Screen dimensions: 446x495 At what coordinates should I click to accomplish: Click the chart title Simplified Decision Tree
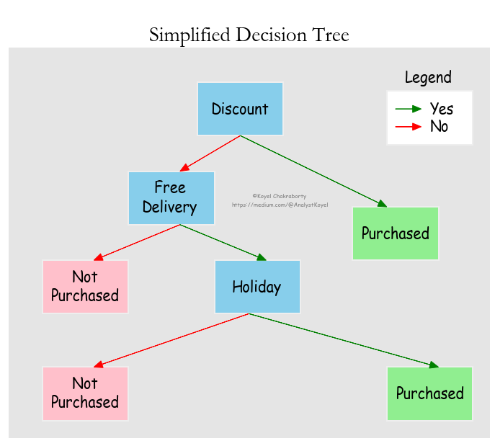tap(249, 34)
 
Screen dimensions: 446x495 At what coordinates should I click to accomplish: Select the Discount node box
tap(240, 109)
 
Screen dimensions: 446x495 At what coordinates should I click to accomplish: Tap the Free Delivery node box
tap(171, 198)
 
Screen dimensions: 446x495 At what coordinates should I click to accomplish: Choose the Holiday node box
tap(257, 287)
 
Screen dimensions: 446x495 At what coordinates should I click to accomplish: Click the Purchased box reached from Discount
tap(395, 233)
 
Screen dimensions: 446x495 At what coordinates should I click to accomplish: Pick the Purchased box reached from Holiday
tap(429, 393)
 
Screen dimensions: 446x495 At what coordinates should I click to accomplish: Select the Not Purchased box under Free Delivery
tap(85, 287)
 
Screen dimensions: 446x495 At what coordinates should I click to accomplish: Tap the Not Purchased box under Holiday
tap(85, 393)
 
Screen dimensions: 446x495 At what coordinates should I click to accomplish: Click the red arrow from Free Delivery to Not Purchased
tap(137, 242)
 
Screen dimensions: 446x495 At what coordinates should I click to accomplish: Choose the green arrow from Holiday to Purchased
tap(343, 341)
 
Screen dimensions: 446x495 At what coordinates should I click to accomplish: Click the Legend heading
tap(428, 78)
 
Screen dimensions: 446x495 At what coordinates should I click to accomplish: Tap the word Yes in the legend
tap(442, 109)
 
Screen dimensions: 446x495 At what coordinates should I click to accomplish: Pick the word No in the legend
tap(439, 127)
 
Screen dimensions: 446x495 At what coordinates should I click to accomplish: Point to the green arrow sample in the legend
tap(408, 109)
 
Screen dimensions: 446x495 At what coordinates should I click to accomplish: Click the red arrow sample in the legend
tap(408, 127)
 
